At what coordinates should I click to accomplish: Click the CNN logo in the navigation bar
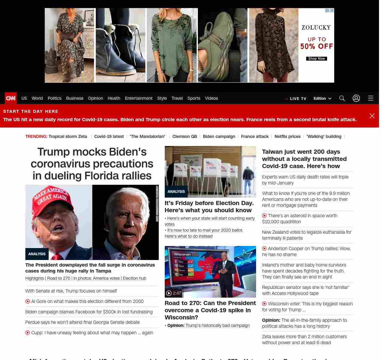point(11,98)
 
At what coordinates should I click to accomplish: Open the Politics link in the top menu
point(54,98)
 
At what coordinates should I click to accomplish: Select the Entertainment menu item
point(138,98)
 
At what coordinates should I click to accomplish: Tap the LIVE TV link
point(298,99)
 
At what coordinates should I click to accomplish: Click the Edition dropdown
point(322,98)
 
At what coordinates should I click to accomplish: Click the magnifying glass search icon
point(342,98)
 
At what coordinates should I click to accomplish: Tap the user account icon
point(356,98)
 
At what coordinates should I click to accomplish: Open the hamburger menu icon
point(371,98)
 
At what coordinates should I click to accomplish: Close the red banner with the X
point(372,116)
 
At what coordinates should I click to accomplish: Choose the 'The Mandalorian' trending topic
point(147,136)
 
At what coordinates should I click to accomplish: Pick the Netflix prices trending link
point(287,136)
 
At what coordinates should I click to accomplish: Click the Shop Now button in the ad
point(316,59)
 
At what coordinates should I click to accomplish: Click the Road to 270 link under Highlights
point(58,278)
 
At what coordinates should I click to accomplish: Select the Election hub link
point(134,278)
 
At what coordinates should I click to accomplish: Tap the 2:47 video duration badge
point(174,293)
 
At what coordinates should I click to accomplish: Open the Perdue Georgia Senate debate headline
point(82,322)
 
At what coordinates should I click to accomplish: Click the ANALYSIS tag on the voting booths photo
point(176,192)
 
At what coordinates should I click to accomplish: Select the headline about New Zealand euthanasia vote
point(306,235)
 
